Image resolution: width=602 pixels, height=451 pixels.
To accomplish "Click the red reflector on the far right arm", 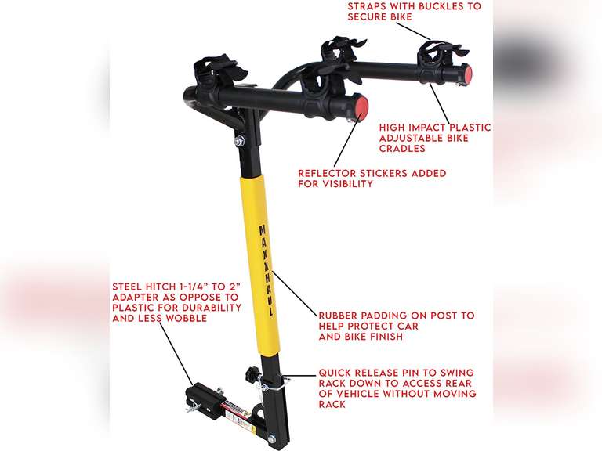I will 466,74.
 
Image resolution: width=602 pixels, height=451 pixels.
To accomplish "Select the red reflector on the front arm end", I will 361,106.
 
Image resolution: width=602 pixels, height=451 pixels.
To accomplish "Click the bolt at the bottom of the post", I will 270,439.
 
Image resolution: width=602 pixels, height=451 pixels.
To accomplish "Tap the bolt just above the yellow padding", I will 238,141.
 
